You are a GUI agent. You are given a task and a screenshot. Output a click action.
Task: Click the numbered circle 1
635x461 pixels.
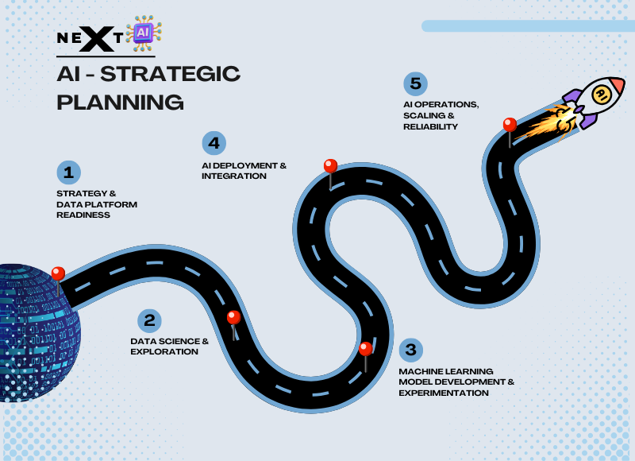pyautogui.click(x=69, y=172)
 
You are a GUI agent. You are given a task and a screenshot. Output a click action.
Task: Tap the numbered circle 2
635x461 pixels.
pyautogui.click(x=148, y=320)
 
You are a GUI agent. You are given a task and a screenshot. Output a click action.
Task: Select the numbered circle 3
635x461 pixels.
pyautogui.click(x=410, y=349)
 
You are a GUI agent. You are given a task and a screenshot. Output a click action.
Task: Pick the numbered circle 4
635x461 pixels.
pyautogui.click(x=213, y=143)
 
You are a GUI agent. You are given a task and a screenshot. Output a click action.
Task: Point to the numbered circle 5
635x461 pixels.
pyautogui.click(x=414, y=83)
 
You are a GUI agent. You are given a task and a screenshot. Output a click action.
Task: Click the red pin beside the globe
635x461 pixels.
pyautogui.click(x=58, y=274)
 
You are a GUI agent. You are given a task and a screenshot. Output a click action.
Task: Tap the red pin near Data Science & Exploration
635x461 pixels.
pyautogui.click(x=233, y=318)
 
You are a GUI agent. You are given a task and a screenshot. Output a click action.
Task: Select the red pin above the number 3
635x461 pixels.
pyautogui.click(x=365, y=349)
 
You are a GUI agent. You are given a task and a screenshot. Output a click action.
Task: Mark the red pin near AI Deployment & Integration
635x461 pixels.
pyautogui.click(x=330, y=166)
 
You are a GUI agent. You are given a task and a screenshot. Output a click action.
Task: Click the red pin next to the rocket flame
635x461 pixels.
pyautogui.click(x=510, y=125)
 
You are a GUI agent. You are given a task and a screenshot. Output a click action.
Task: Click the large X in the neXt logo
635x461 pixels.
pyautogui.click(x=95, y=37)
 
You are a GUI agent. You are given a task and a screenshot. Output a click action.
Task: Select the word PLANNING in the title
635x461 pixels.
pyautogui.click(x=120, y=103)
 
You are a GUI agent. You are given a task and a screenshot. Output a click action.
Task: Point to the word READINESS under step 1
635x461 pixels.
pyautogui.click(x=83, y=215)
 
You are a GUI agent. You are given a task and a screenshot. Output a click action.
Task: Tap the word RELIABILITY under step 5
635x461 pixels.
pyautogui.click(x=430, y=126)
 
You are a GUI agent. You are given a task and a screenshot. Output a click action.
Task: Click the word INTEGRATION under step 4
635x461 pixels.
pyautogui.click(x=234, y=176)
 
